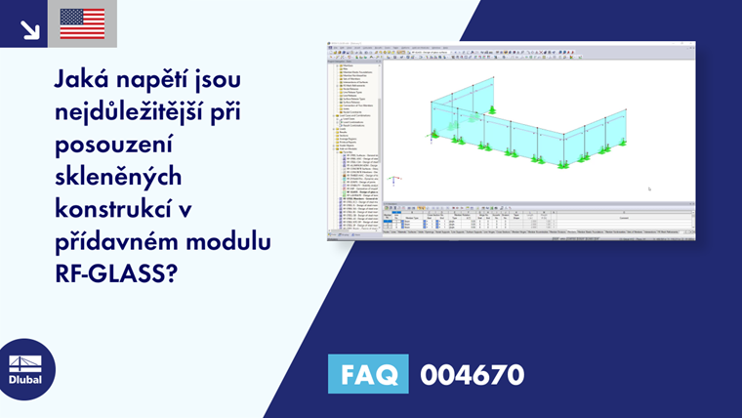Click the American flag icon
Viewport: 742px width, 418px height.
click(82, 23)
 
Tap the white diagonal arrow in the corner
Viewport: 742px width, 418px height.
click(29, 28)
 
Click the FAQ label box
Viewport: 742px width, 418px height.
click(368, 374)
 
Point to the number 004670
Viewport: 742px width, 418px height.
click(472, 374)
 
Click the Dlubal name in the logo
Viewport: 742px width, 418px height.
click(25, 381)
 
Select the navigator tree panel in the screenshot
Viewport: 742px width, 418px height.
click(355, 137)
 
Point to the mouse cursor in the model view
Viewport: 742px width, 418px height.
click(649, 189)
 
